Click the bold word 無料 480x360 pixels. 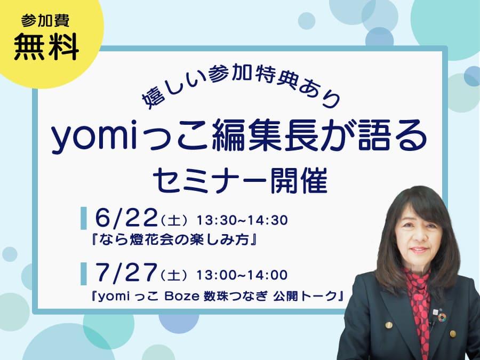click(x=46, y=47)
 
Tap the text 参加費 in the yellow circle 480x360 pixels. click(x=45, y=20)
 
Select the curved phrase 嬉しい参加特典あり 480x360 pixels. click(x=241, y=86)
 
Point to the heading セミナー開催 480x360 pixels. click(x=241, y=181)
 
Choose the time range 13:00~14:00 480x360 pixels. click(x=242, y=275)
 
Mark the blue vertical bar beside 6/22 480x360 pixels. click(x=83, y=218)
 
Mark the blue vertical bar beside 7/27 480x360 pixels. click(x=83, y=274)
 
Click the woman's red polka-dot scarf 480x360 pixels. click(x=420, y=303)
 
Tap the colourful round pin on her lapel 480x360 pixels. click(x=442, y=318)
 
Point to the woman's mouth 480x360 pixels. click(x=419, y=251)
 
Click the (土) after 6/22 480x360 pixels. click(x=174, y=221)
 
